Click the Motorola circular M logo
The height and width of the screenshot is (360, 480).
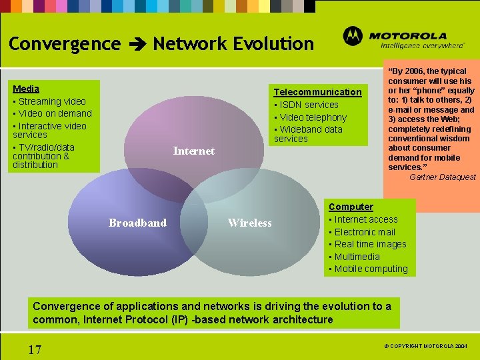click(x=353, y=37)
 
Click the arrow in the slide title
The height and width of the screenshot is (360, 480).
click(x=137, y=45)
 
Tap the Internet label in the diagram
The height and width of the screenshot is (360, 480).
click(x=193, y=151)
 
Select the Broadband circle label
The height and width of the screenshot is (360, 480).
click(x=137, y=223)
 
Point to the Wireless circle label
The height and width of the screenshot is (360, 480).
click(x=249, y=223)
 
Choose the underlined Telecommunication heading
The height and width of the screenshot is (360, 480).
click(x=317, y=92)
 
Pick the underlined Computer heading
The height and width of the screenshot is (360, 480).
click(x=351, y=207)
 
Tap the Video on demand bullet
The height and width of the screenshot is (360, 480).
click(x=54, y=113)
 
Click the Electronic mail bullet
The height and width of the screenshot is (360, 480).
click(x=365, y=232)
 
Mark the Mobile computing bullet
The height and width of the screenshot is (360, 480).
click(x=371, y=269)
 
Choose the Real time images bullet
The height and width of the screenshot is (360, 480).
click(x=370, y=244)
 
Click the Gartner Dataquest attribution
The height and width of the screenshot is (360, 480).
click(x=442, y=177)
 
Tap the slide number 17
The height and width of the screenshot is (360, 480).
click(x=35, y=349)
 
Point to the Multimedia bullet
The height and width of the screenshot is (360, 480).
click(x=357, y=257)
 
